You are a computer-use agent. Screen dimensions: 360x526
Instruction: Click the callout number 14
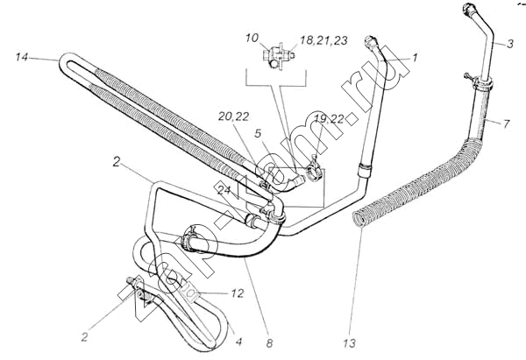pyautogui.click(x=23, y=57)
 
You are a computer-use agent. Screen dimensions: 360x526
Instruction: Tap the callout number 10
pyautogui.click(x=252, y=39)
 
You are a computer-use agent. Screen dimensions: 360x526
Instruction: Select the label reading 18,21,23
pyautogui.click(x=323, y=41)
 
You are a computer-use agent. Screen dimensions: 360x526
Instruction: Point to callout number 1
pyautogui.click(x=415, y=58)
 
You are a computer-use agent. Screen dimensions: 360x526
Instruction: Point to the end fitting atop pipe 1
pyautogui.click(x=375, y=42)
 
